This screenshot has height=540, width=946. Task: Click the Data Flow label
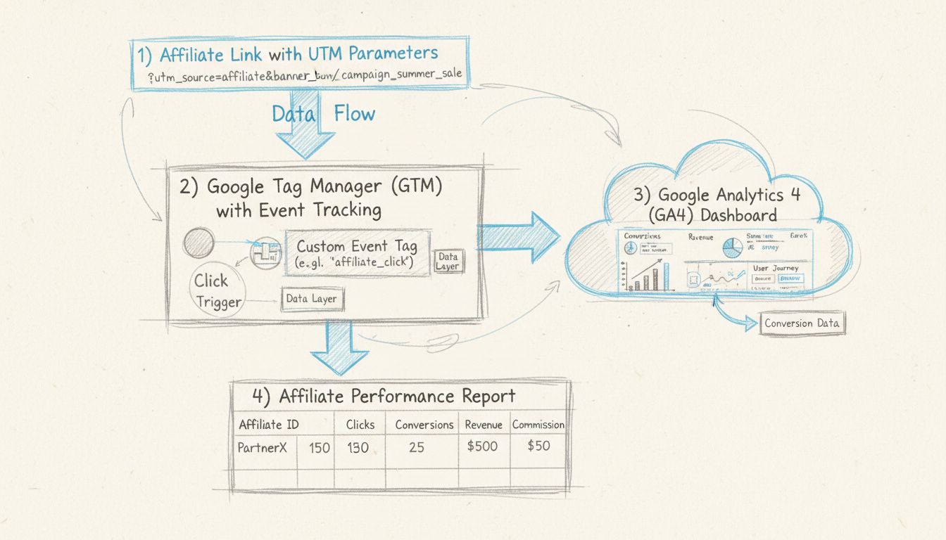324,114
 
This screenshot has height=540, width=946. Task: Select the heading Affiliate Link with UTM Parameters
298,53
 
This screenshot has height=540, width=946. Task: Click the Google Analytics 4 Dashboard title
716,204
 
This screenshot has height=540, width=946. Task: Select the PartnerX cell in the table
262,447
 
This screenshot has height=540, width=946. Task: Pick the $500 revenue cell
482,446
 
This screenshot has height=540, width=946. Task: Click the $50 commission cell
538,446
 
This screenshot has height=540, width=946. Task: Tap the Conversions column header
424,425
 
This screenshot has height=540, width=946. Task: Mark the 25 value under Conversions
417,447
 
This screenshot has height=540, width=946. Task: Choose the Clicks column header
360,425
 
